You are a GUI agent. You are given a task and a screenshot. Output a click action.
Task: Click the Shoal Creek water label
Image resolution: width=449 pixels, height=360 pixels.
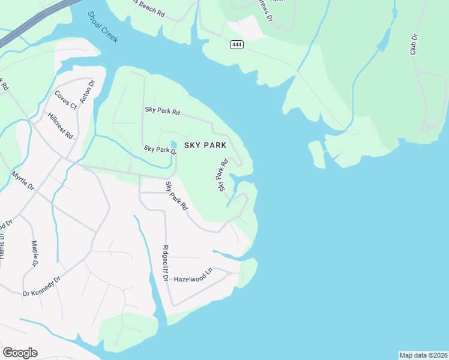pos(103,27)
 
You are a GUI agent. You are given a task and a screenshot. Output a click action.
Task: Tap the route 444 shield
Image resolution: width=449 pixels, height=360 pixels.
pos(237,45)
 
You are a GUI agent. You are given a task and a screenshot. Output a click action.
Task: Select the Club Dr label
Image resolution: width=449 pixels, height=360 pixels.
pos(414,45)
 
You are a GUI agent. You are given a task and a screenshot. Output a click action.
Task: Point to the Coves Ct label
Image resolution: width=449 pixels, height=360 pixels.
pos(65,100)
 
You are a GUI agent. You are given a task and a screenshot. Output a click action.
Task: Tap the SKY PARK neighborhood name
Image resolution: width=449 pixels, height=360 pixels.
pos(205,145)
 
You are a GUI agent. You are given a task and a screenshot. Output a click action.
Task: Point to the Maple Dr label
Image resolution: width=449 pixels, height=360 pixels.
pos(34,254)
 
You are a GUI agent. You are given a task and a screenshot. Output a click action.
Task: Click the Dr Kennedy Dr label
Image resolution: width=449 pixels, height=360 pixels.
pos(42,286)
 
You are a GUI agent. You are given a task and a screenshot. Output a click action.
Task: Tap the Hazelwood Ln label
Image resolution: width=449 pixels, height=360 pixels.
pos(193,276)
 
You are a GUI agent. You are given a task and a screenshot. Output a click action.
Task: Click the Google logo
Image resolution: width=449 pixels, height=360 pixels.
pos(20,353)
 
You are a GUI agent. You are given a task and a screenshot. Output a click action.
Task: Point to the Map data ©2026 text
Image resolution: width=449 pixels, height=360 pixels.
pos(423,355)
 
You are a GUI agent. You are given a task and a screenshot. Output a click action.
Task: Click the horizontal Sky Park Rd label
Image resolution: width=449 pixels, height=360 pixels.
pos(162,111)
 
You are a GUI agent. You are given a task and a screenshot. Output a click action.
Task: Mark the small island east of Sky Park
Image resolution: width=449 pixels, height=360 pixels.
pos(316,154)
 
